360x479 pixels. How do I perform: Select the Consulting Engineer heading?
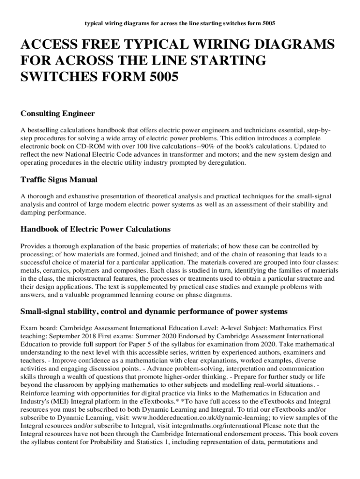point(58,114)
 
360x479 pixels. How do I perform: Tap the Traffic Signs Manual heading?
point(59,180)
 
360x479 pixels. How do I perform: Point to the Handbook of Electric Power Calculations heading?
point(96,229)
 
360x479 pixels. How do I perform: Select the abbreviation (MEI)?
point(59,402)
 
